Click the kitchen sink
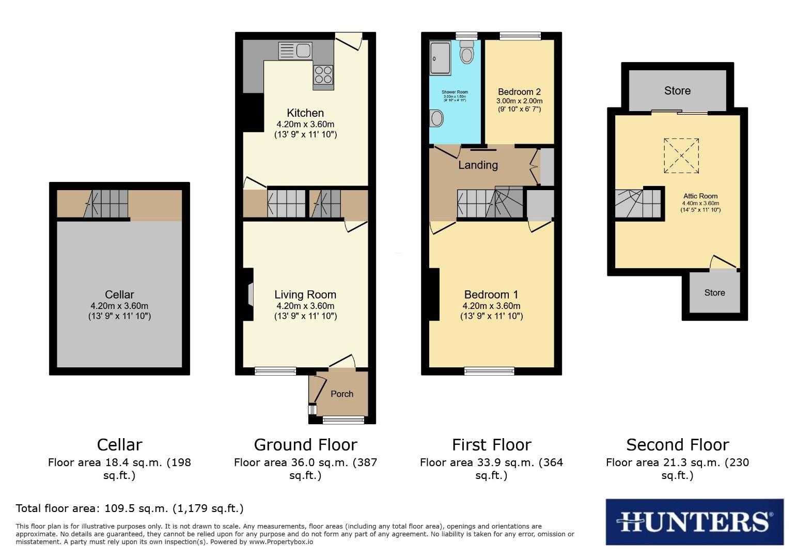click(x=295, y=51)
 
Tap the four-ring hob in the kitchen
click(x=323, y=74)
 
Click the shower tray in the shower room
click(x=440, y=58)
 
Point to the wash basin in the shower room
click(x=436, y=118)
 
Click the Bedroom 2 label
click(x=519, y=92)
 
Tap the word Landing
click(x=478, y=165)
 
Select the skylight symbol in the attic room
click(x=681, y=156)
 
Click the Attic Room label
click(x=700, y=196)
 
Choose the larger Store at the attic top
click(x=677, y=91)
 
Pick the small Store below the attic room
click(x=714, y=292)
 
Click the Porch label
click(x=342, y=394)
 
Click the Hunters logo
click(x=694, y=522)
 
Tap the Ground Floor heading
click(x=305, y=445)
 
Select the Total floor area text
click(x=130, y=508)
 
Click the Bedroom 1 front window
click(x=489, y=370)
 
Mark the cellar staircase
click(x=107, y=204)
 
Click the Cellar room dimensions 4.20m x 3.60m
click(x=119, y=306)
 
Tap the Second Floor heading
click(x=677, y=445)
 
